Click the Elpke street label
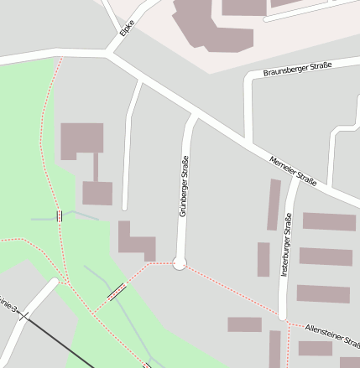[x=127, y=29]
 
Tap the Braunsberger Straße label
[x=297, y=69]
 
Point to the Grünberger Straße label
[x=183, y=186]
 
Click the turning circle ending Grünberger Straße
[x=179, y=263]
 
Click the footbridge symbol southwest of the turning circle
[x=117, y=293]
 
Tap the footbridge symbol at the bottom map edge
[x=148, y=365]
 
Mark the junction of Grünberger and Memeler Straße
[x=192, y=115]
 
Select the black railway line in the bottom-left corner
[x=50, y=340]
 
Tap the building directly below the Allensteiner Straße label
[x=316, y=348]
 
